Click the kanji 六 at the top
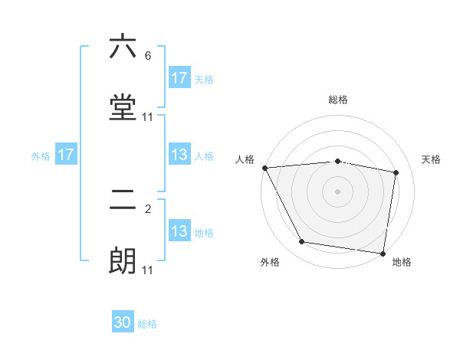(x=123, y=47)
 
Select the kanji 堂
(x=123, y=108)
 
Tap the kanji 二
(x=123, y=201)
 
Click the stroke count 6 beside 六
(x=148, y=56)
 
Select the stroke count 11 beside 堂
(x=148, y=117)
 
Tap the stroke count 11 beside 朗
(x=148, y=270)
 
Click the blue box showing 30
(x=123, y=323)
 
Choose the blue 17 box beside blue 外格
(x=66, y=155)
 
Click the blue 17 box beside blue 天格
(x=179, y=78)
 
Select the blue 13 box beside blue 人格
(x=179, y=155)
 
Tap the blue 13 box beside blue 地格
(x=179, y=231)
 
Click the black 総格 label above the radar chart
(x=338, y=100)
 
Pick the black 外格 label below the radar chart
(x=270, y=262)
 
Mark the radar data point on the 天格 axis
(x=396, y=172)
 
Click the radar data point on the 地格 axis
(x=383, y=253)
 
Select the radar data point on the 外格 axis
(x=302, y=242)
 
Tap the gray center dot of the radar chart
(x=338, y=191)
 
